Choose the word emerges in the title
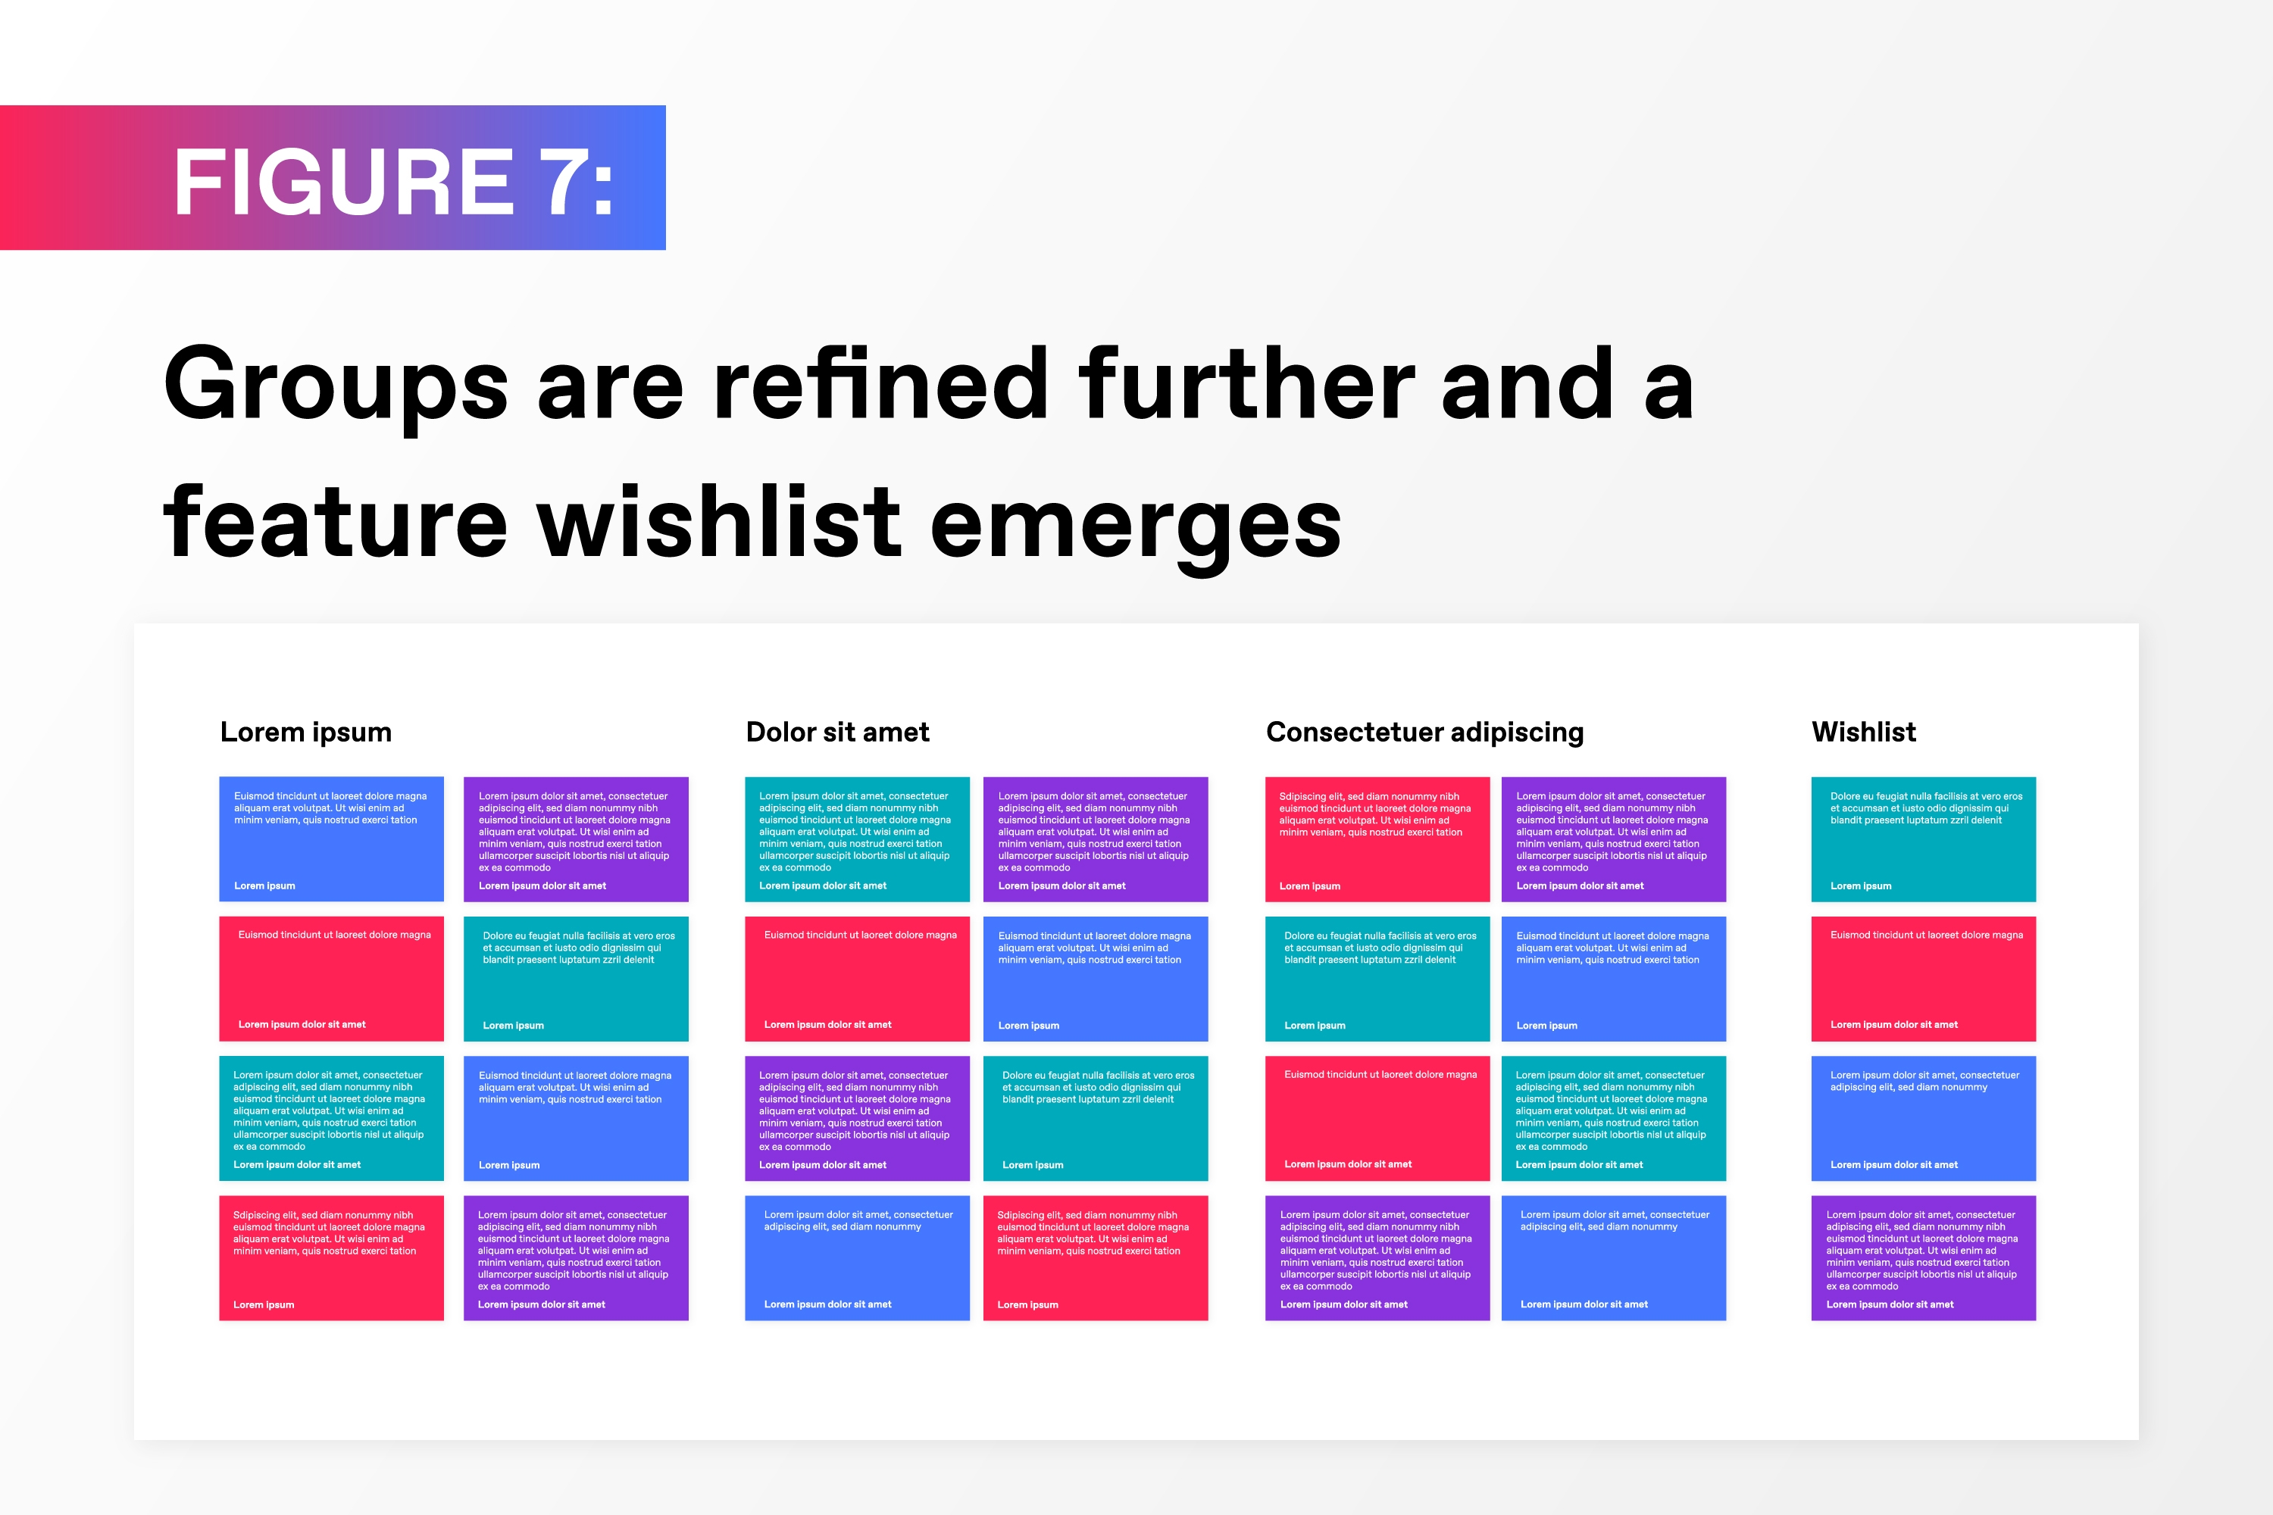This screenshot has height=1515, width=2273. click(1136, 529)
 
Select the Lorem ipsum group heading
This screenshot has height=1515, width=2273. click(305, 733)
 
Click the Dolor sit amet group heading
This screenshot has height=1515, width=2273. click(837, 732)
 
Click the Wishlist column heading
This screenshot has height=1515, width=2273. click(1863, 732)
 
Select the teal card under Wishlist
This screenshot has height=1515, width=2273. click(1923, 839)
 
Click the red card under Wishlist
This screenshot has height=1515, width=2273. click(1923, 979)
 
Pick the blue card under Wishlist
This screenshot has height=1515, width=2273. click(1923, 1118)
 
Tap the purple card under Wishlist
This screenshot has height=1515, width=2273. click(1923, 1258)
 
